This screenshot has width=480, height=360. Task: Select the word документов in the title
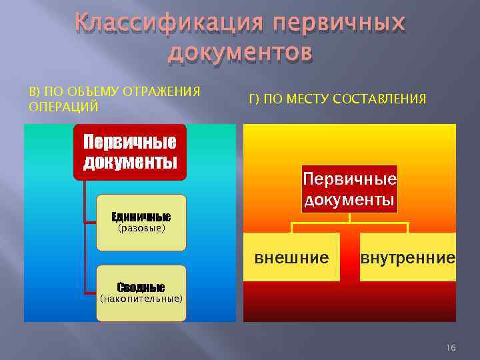click(240, 52)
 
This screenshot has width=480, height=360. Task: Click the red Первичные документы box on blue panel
click(130, 152)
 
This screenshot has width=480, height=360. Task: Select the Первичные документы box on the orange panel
click(349, 189)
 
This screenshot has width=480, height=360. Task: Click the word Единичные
click(141, 217)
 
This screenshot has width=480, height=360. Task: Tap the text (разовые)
click(141, 229)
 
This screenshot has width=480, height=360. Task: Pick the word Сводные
click(141, 287)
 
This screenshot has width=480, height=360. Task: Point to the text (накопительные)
click(141, 299)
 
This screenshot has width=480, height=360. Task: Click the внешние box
click(291, 257)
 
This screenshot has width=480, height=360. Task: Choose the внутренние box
click(407, 257)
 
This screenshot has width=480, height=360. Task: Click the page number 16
click(451, 347)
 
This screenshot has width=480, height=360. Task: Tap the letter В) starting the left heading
click(31, 91)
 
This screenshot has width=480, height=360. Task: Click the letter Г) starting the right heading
click(253, 99)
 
